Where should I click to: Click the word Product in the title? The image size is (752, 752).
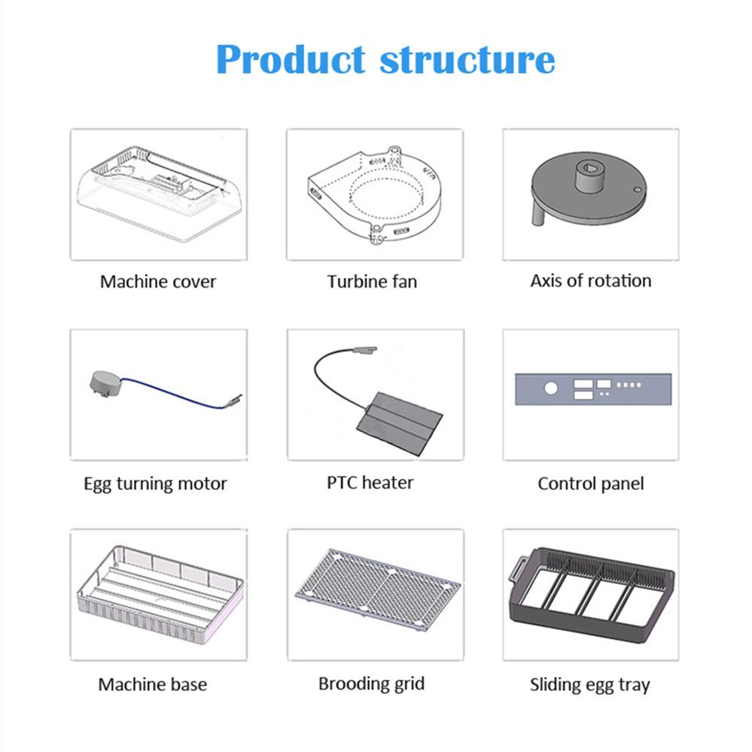[x=291, y=60]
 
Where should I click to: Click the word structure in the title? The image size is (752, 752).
[x=467, y=60]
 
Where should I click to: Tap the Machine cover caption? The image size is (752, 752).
[x=158, y=282]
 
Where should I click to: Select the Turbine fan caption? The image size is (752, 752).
[x=372, y=282]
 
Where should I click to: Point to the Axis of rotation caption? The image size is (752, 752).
[x=591, y=281]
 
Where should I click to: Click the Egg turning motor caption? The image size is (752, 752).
[x=155, y=483]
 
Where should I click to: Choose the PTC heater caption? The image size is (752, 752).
[x=370, y=483]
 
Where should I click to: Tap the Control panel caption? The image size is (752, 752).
[x=591, y=483]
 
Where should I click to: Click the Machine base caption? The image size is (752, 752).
[x=153, y=684]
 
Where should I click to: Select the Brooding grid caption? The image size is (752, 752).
[x=372, y=684]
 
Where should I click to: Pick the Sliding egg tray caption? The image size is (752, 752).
[x=590, y=685]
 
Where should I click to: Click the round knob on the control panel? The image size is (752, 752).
[x=551, y=388]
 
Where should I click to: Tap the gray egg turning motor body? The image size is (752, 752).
[x=105, y=384]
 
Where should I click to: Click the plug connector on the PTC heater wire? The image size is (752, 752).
[x=365, y=350]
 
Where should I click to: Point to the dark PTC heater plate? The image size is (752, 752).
[x=399, y=424]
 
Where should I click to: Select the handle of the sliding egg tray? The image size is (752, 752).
[x=517, y=571]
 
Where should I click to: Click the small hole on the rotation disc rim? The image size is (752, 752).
[x=638, y=190]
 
